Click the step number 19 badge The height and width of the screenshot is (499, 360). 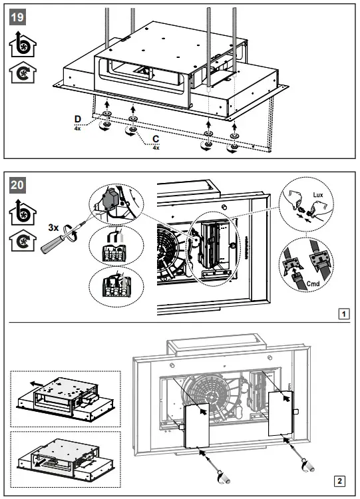coord(17,17)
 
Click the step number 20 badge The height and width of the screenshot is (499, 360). coord(17,185)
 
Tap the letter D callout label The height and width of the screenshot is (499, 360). coord(77,119)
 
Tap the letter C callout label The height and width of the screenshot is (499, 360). coord(156,139)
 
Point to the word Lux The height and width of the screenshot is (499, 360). coord(318,195)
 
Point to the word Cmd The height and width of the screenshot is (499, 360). coord(313,283)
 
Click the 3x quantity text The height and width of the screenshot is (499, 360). coord(53,228)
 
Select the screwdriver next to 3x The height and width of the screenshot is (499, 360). coord(63,238)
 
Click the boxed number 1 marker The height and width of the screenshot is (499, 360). coord(344,314)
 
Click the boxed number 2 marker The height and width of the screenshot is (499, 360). coord(339,481)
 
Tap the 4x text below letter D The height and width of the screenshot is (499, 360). coord(77,128)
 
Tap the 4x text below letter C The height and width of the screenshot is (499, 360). coord(156,148)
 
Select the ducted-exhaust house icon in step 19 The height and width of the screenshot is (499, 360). coord(22,45)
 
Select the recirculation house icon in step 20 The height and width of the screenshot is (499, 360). coord(22,240)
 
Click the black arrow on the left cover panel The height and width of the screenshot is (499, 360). coord(202,411)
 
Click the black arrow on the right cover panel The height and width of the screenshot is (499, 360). coord(287,397)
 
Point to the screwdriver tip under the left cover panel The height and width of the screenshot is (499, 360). coord(200,450)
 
